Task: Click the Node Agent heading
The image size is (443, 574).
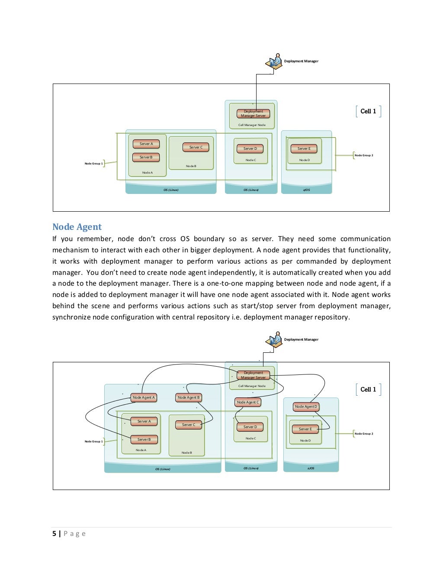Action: click(77, 227)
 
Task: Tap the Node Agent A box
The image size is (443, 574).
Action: click(144, 397)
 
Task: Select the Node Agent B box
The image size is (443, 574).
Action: click(189, 397)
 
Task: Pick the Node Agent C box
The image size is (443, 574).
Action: click(248, 402)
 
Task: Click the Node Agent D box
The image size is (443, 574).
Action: click(306, 406)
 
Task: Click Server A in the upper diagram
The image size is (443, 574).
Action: click(146, 144)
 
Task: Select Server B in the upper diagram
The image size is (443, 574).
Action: click(146, 157)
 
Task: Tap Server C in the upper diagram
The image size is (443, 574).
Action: click(196, 147)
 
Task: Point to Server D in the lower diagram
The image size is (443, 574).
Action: click(250, 427)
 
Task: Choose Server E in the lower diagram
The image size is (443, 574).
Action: click(305, 429)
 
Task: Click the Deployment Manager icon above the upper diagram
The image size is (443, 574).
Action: click(274, 63)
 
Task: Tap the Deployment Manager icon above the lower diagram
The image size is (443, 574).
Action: click(274, 341)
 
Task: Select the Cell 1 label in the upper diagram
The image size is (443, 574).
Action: click(368, 111)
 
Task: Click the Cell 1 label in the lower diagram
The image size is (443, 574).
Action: click(368, 389)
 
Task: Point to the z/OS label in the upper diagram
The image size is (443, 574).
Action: click(306, 190)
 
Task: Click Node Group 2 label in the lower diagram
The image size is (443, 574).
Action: click(363, 433)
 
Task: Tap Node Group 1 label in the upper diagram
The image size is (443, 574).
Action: click(94, 164)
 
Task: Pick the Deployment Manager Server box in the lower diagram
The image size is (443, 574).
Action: click(254, 375)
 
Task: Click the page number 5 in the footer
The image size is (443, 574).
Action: click(54, 534)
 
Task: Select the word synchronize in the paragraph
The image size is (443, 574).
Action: click(71, 317)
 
